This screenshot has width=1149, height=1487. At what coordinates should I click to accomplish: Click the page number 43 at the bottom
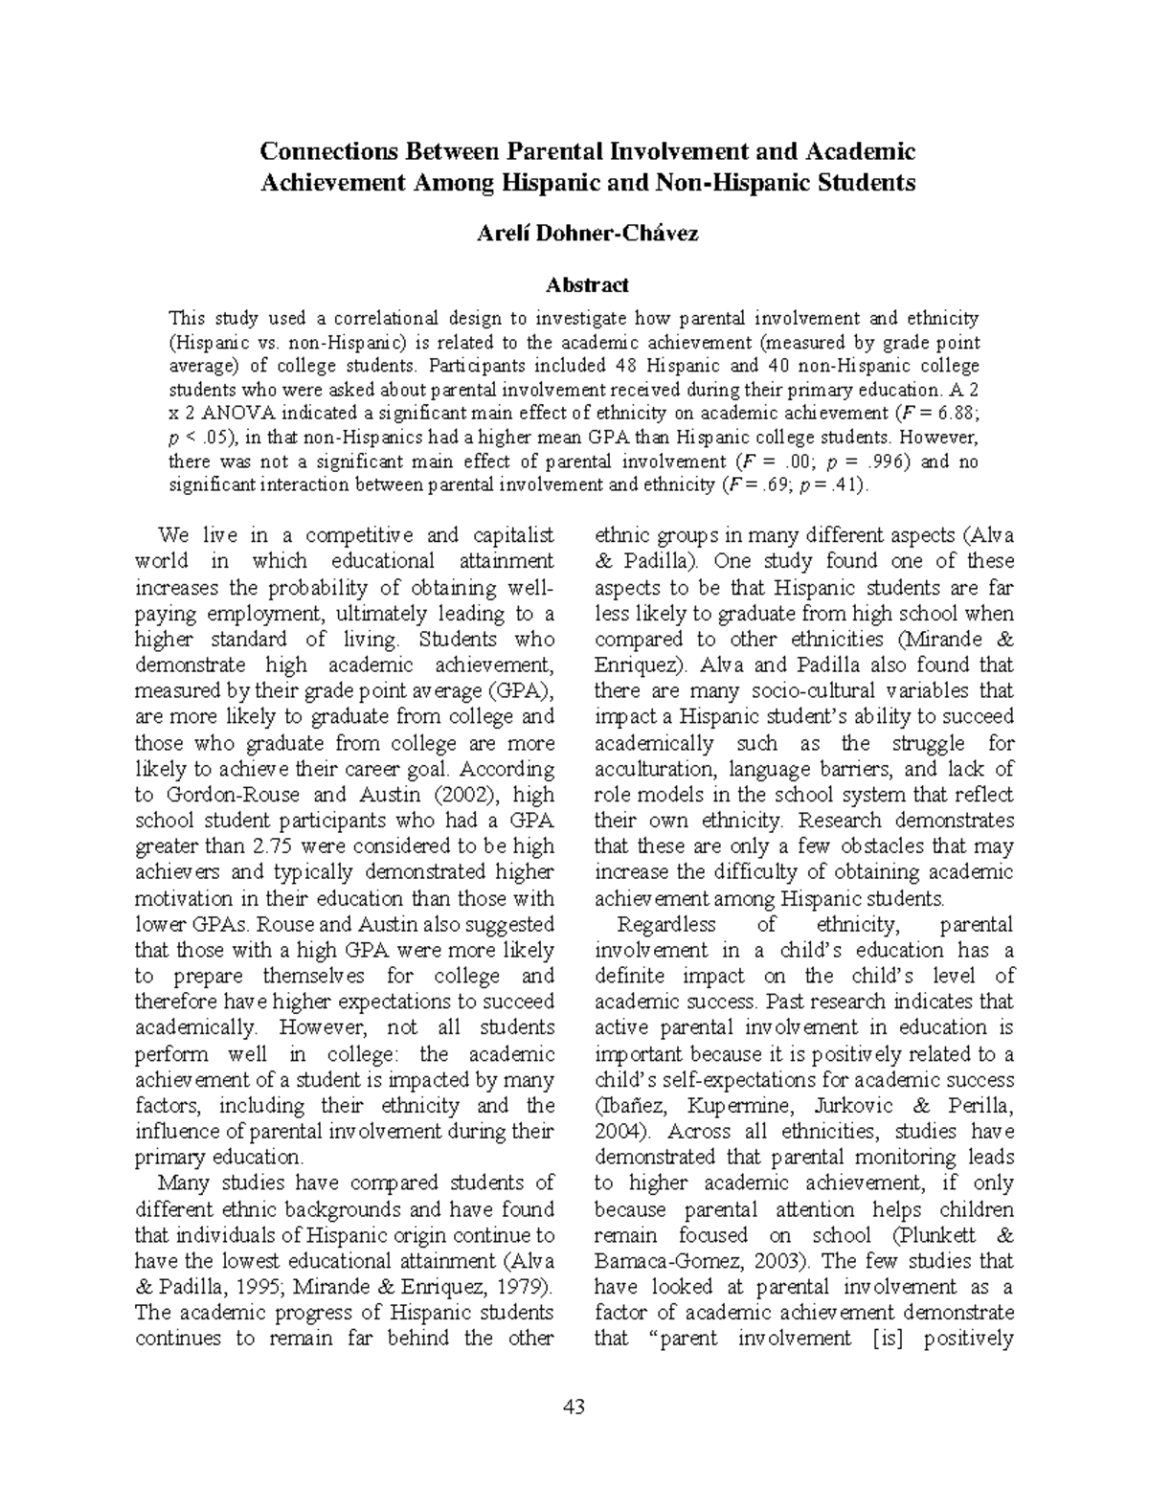click(x=574, y=1407)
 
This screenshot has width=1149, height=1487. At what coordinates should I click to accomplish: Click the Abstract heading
click(x=587, y=284)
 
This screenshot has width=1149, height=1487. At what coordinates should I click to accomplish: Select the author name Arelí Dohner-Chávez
click(x=587, y=233)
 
